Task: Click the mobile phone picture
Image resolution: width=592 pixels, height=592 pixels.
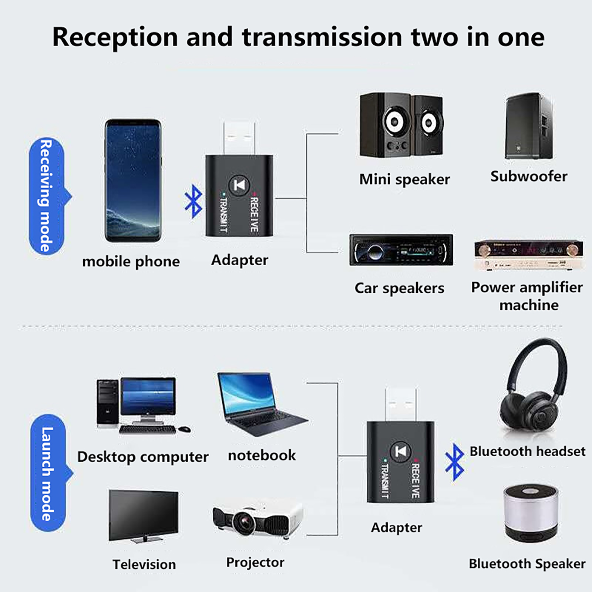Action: click(133, 180)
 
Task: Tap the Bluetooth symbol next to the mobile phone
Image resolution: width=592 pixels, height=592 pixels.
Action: click(194, 201)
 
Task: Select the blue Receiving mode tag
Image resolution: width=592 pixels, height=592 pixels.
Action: click(47, 196)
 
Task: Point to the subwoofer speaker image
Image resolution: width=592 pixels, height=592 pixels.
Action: click(529, 126)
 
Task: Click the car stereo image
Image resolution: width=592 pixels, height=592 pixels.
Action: click(401, 250)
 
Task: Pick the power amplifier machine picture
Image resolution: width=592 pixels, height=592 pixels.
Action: click(529, 255)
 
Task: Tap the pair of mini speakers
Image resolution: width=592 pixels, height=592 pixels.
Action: click(401, 125)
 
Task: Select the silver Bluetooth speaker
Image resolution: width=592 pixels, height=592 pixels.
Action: click(531, 513)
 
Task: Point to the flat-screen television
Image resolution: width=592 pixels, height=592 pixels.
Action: click(144, 516)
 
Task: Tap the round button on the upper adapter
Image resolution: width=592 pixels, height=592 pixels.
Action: click(239, 185)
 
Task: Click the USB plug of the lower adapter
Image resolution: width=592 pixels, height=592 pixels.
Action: click(400, 404)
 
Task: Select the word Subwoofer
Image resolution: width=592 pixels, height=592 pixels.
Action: click(529, 176)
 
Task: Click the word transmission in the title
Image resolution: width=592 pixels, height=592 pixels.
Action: click(322, 37)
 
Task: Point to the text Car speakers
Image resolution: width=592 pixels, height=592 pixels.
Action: click(399, 288)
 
